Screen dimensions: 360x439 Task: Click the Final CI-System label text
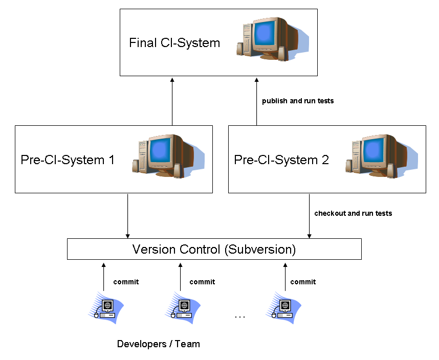click(174, 42)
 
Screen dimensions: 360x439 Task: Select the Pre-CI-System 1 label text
click(68, 160)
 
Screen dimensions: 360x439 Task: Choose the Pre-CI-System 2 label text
click(281, 160)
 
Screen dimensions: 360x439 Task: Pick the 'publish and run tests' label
click(298, 101)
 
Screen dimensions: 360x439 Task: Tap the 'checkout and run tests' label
click(353, 213)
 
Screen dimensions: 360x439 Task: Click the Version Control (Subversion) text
click(214, 250)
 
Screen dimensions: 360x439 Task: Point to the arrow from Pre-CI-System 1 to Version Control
click(127, 215)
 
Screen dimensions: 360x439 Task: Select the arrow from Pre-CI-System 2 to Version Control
click(309, 215)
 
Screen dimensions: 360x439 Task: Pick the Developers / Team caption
click(159, 344)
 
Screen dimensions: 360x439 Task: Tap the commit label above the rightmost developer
click(303, 282)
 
